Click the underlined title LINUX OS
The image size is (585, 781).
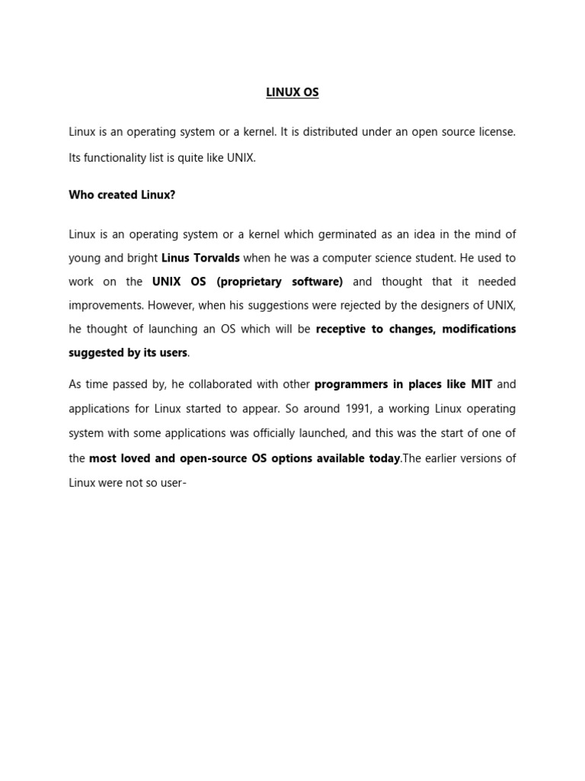292,93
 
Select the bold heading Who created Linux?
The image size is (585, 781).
122,195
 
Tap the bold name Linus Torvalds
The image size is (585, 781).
200,258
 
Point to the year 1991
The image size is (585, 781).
358,408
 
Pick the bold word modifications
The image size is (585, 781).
478,329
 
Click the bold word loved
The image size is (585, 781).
139,458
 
